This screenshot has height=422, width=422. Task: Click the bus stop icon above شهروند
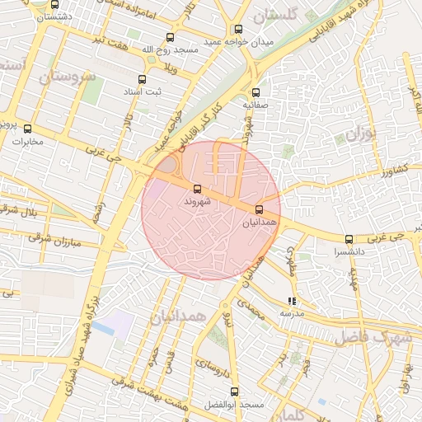tap(195, 189)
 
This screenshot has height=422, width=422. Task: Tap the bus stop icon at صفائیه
tap(256, 92)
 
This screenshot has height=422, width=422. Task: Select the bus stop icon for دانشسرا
tap(350, 240)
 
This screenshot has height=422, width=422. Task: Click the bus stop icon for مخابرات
tap(27, 129)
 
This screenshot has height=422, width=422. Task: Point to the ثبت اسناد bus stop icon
tap(143, 80)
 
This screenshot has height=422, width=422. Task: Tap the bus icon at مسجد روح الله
tap(171, 37)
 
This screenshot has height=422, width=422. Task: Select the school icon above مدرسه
tap(291, 302)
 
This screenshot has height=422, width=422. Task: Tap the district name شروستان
tap(67, 77)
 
